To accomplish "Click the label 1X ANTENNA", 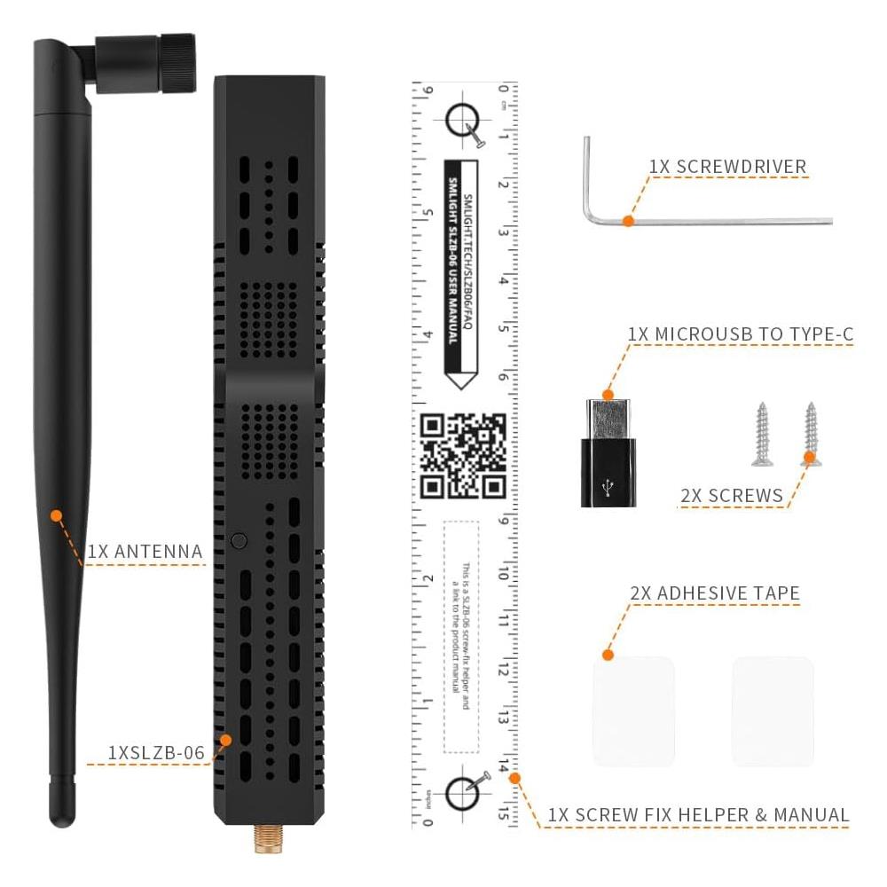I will coord(145,551).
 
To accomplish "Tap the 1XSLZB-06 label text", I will coord(156,752).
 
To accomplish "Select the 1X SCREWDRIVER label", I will coord(727,166).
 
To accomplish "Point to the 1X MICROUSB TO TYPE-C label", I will coord(740,334).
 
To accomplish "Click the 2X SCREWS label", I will coord(732,496).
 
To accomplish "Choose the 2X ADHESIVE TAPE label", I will coord(715,593).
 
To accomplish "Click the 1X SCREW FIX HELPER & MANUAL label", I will coord(698,814).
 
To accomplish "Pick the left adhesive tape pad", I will coord(633,711).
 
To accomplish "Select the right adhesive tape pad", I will coord(772,711).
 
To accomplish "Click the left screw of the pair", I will coord(761,434).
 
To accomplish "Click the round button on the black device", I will coord(238,539).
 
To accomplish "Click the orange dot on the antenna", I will coord(56,514).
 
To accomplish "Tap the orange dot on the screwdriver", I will coord(628,220).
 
